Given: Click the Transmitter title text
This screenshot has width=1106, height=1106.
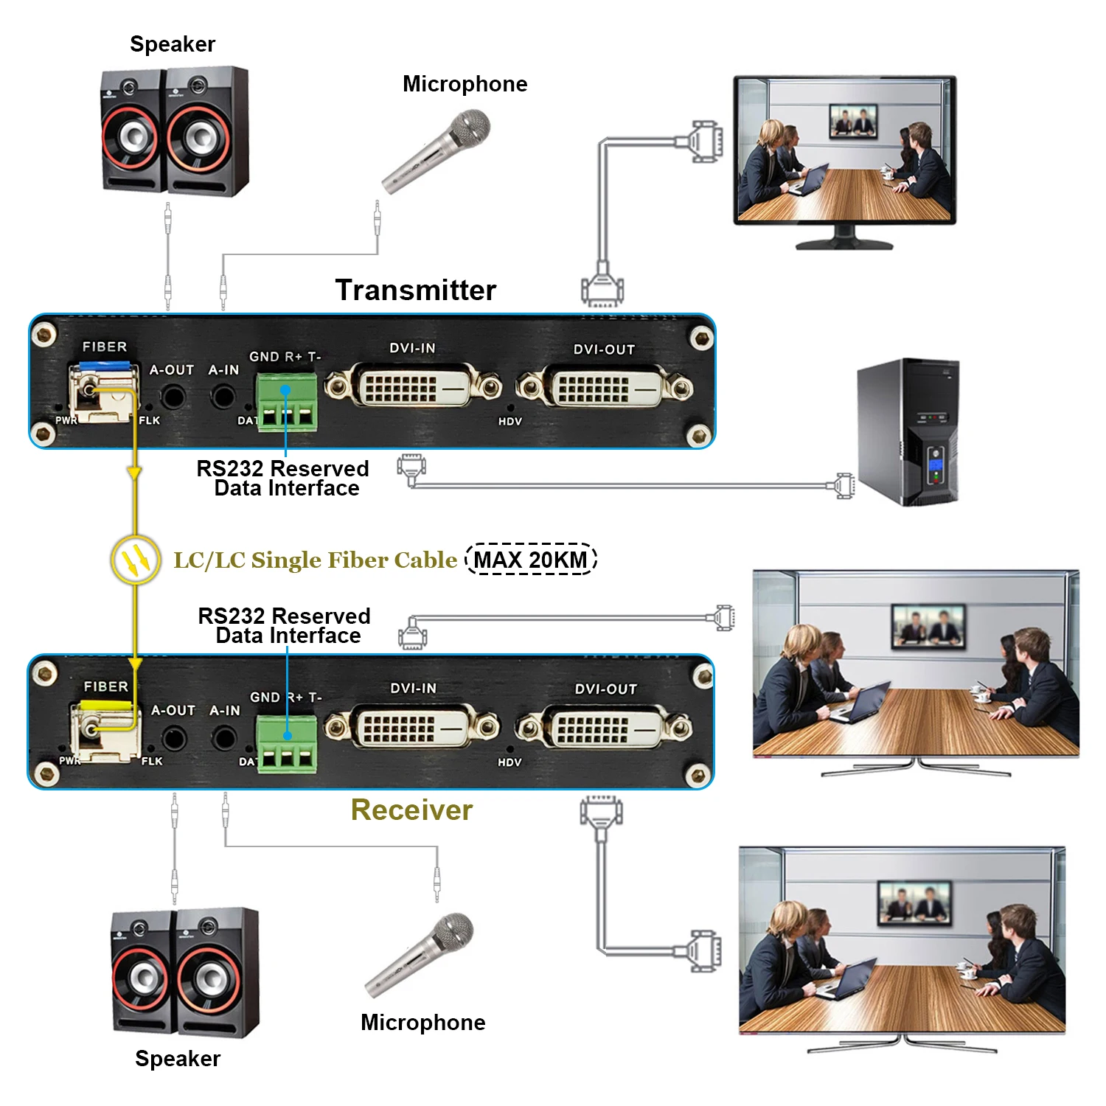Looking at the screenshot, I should coord(416,291).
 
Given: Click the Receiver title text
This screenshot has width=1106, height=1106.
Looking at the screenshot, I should coord(411,810).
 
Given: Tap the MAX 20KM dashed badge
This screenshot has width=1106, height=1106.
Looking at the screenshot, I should coord(531,560).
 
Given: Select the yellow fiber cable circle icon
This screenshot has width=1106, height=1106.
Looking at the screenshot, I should coord(136,560).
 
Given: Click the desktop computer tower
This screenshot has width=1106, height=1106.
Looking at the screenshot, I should coord(908,432).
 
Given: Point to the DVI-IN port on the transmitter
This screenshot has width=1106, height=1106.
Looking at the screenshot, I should coord(413,386).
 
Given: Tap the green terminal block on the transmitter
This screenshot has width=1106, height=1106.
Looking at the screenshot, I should coord(287,401).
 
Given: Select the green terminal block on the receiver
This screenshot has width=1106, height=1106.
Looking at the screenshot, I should coord(287,742).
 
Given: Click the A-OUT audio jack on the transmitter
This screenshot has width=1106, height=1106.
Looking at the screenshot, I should coord(173,397).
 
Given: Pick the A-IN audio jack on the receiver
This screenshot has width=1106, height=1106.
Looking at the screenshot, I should coord(224,738).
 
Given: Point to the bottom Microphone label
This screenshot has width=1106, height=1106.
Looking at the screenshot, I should coord(423,1023).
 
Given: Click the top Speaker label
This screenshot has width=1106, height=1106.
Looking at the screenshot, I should coord(173,44).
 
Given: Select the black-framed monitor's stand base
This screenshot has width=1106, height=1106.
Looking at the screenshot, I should coord(844,243).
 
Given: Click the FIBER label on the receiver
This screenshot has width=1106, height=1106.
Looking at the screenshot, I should coord(105,686).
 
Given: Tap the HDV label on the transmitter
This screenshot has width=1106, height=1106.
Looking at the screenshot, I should coord(509,422).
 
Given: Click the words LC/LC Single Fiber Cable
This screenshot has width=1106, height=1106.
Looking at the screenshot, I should coord(315,560).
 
